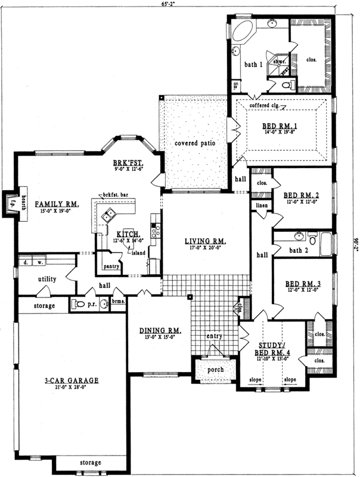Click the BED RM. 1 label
pyautogui.click(x=283, y=126)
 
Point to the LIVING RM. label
pyautogui.click(x=206, y=240)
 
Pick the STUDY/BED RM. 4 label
pyautogui.click(x=274, y=348)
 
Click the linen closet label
pyautogui.click(x=262, y=206)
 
